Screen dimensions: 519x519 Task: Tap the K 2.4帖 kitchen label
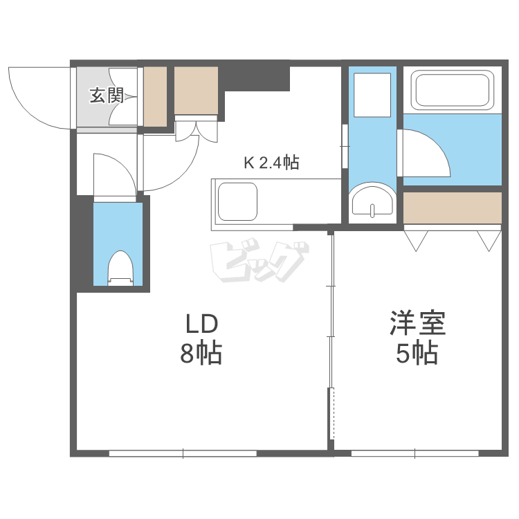click(x=271, y=163)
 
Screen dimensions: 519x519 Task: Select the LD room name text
click(x=201, y=324)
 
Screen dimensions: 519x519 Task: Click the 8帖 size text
click(x=201, y=354)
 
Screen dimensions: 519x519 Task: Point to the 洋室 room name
click(x=417, y=324)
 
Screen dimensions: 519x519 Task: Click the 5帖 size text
click(x=417, y=354)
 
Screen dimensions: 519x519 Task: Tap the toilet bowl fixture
click(x=120, y=267)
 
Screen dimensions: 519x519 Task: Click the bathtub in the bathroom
click(x=452, y=90)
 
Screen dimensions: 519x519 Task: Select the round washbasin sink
click(x=372, y=201)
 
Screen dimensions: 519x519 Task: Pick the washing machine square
click(x=372, y=95)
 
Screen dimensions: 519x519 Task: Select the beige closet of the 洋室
click(x=452, y=208)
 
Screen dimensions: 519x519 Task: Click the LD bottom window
click(x=183, y=453)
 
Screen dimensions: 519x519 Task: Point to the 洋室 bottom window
click(x=415, y=453)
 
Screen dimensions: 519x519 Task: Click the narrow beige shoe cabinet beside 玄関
click(x=155, y=96)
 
